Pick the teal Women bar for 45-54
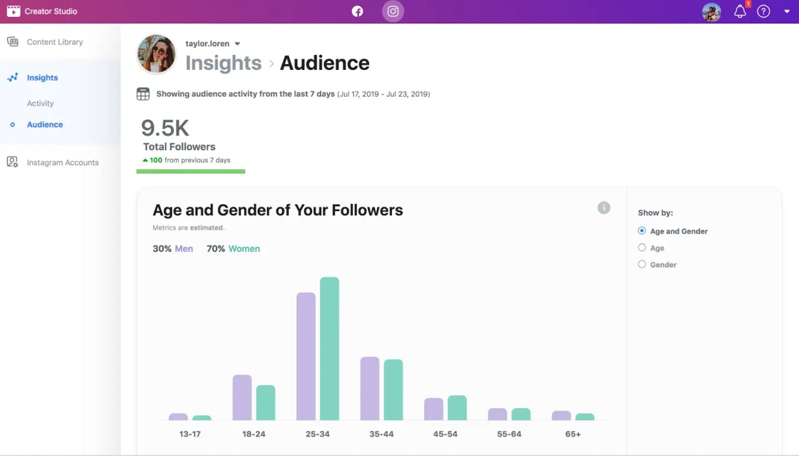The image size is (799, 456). [x=457, y=408]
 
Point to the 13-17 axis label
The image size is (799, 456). [x=190, y=434]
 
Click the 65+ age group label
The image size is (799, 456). [x=573, y=434]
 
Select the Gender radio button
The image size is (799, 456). [x=642, y=264]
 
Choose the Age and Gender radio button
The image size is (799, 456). [x=642, y=231]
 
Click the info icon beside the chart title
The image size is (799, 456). [x=604, y=208]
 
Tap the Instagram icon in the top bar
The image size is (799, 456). [x=393, y=11]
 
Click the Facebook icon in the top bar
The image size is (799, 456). [x=358, y=11]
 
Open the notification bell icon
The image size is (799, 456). [x=740, y=11]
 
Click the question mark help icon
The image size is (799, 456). [x=764, y=11]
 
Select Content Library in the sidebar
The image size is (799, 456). [x=55, y=42]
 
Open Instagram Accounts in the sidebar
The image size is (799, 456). [x=62, y=163]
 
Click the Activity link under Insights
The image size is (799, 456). [x=40, y=103]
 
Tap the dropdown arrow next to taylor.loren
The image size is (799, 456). [x=238, y=44]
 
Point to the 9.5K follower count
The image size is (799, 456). [x=165, y=128]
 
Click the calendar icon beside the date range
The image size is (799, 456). [x=143, y=94]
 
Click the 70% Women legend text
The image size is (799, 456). [x=233, y=248]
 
